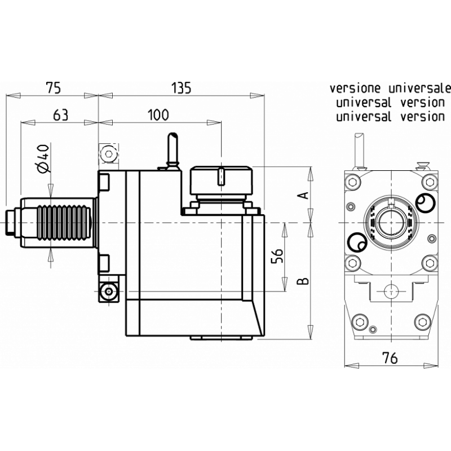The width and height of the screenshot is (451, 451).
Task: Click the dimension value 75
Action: click(x=52, y=87)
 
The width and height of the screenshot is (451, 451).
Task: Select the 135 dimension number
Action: click(x=181, y=87)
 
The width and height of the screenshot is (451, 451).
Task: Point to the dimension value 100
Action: click(x=158, y=115)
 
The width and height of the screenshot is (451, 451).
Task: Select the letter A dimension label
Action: click(x=303, y=194)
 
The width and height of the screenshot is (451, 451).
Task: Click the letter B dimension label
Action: click(x=303, y=280)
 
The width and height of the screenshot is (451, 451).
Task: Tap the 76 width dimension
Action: click(x=390, y=357)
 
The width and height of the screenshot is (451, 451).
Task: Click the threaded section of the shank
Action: click(x=63, y=224)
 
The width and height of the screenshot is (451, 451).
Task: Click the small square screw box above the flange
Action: click(x=108, y=153)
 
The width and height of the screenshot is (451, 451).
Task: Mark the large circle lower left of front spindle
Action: click(x=356, y=243)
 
